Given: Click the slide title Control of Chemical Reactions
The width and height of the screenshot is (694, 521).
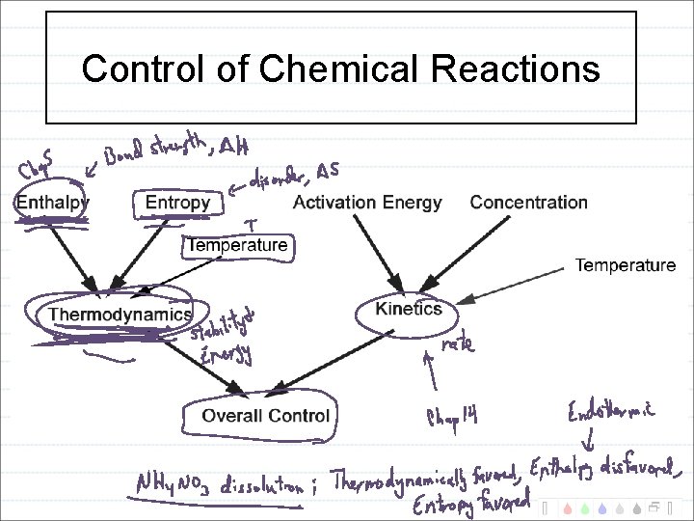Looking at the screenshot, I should click(340, 69).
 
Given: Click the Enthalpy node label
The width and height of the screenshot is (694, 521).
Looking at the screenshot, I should click(52, 203).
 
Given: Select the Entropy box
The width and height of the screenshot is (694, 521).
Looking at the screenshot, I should click(177, 203).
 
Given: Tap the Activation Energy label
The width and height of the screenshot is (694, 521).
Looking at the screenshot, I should click(366, 203).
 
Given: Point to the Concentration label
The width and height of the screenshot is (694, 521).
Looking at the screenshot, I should click(528, 203).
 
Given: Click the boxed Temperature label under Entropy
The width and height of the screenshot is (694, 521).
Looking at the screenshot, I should click(237, 245).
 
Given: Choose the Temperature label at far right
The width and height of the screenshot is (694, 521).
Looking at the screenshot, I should click(625, 265).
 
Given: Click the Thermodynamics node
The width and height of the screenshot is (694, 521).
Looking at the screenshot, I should click(120, 315).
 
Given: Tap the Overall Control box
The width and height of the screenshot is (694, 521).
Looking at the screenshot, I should click(265, 416).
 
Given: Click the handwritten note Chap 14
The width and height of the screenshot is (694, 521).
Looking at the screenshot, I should click(452, 417).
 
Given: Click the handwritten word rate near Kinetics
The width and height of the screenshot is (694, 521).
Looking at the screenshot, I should click(457, 343).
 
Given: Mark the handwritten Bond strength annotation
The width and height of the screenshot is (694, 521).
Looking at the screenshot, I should click(155, 151).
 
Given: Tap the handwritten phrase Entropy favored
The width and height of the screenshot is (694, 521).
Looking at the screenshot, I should click(470, 503).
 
